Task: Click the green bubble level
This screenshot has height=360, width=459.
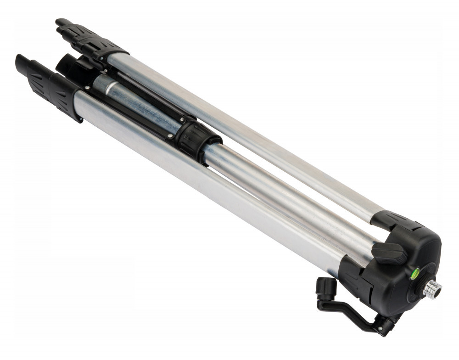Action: (x=414, y=274)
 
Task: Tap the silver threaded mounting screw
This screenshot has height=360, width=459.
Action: (x=432, y=289)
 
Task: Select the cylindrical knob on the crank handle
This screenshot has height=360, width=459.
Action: (x=326, y=288)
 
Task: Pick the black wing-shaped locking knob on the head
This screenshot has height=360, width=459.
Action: (x=389, y=252)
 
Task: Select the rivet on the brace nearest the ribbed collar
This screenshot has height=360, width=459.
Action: (x=171, y=136)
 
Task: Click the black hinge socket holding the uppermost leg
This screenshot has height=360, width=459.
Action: (x=395, y=220)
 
